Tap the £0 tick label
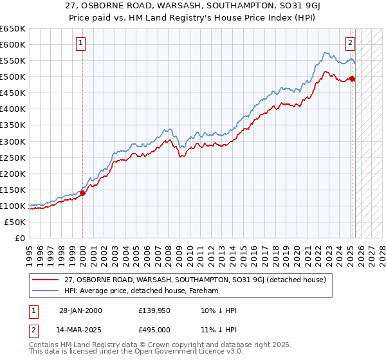click(x=21, y=238)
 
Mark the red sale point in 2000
click(x=83, y=192)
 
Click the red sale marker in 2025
click(x=353, y=78)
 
